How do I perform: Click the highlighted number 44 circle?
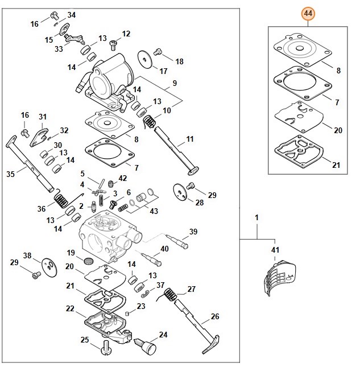click(308, 13)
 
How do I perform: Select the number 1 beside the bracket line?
click(256, 218)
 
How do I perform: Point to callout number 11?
click(189, 138)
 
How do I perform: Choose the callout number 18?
click(179, 61)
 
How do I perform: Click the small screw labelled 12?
click(113, 41)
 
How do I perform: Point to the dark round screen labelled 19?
click(88, 261)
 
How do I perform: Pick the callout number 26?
click(215, 316)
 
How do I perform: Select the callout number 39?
click(193, 232)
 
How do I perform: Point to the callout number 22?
click(70, 308)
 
